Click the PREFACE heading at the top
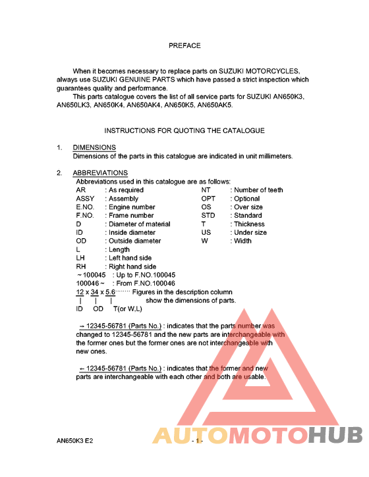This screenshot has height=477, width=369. [184, 46]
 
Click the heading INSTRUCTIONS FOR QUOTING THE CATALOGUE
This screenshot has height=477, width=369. [184, 131]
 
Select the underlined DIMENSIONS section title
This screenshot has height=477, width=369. [94, 147]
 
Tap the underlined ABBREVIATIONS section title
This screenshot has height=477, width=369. [100, 173]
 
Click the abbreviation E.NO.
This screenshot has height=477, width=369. [88, 207]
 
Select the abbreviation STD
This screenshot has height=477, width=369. [208, 216]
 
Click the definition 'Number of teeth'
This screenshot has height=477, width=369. [258, 190]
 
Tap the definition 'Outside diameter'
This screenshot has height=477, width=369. [134, 241]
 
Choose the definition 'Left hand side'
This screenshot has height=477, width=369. [130, 259]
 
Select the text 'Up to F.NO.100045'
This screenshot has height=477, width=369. [144, 275]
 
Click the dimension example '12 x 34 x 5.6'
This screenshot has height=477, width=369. [96, 291]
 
